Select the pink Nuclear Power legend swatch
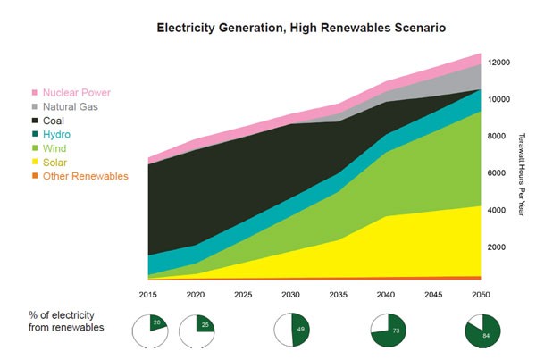[35, 92]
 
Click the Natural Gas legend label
[72, 106]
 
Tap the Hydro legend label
[57, 135]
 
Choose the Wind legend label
[56, 148]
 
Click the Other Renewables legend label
[86, 177]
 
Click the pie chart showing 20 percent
[150, 331]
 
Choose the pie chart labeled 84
[483, 331]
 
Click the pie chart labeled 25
[198, 331]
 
